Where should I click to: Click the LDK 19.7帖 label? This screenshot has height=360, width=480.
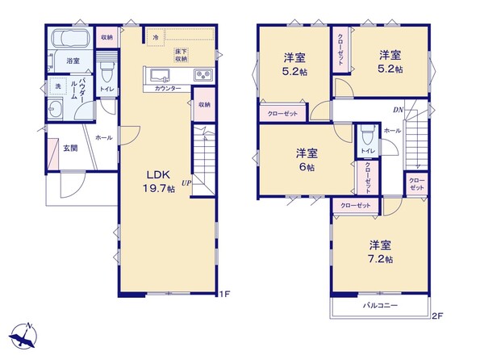tap(159, 182)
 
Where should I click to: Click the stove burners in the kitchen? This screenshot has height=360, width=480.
tap(203, 75)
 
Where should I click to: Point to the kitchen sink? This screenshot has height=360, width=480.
tap(160, 75)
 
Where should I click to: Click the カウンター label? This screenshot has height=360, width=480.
tap(168, 89)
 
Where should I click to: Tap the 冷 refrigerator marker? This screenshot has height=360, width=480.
tap(156, 37)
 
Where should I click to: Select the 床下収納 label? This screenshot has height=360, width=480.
tap(182, 55)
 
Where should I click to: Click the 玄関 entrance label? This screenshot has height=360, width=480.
tap(70, 149)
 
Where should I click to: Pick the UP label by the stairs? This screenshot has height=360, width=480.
tap(186, 183)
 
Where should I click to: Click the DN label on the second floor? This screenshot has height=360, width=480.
tap(399, 110)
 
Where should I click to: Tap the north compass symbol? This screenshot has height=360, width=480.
tap(23, 335)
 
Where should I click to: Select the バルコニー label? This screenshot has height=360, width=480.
tap(381, 305)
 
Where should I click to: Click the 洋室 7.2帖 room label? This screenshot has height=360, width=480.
tap(380, 252)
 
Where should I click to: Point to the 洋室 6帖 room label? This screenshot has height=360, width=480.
tap(307, 160)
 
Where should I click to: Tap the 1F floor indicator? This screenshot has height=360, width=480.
tap(225, 294)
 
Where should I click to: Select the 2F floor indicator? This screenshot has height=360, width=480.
tap(437, 316)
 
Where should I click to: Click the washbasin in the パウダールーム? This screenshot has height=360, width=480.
tap(55, 110)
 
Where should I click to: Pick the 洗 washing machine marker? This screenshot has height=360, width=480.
tap(58, 86)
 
